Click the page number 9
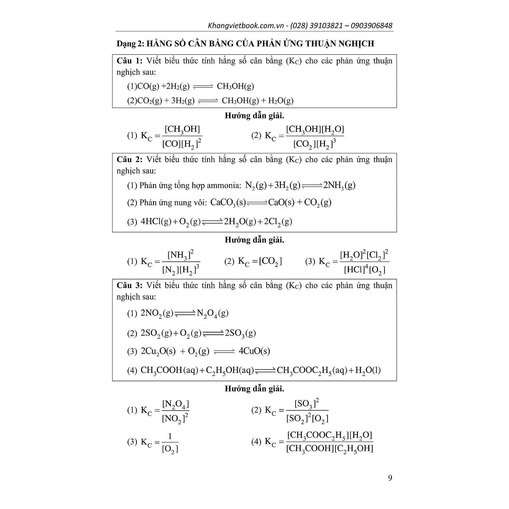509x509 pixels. click(390, 478)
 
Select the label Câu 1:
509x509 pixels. click(130, 61)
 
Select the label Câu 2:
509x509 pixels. click(130, 159)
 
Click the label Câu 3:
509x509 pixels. click(130, 285)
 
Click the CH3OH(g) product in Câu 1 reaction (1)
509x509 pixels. click(235, 86)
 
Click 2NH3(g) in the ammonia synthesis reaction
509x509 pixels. click(339, 185)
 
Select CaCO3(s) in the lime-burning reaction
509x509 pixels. click(228, 202)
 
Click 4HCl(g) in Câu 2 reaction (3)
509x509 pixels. click(156, 221)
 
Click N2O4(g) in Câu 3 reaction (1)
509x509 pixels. click(212, 313)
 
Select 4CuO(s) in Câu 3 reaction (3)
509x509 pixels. click(254, 351)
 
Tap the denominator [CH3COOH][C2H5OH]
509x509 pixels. click(329, 448)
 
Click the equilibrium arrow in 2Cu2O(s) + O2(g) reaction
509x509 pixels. click(224, 351)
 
